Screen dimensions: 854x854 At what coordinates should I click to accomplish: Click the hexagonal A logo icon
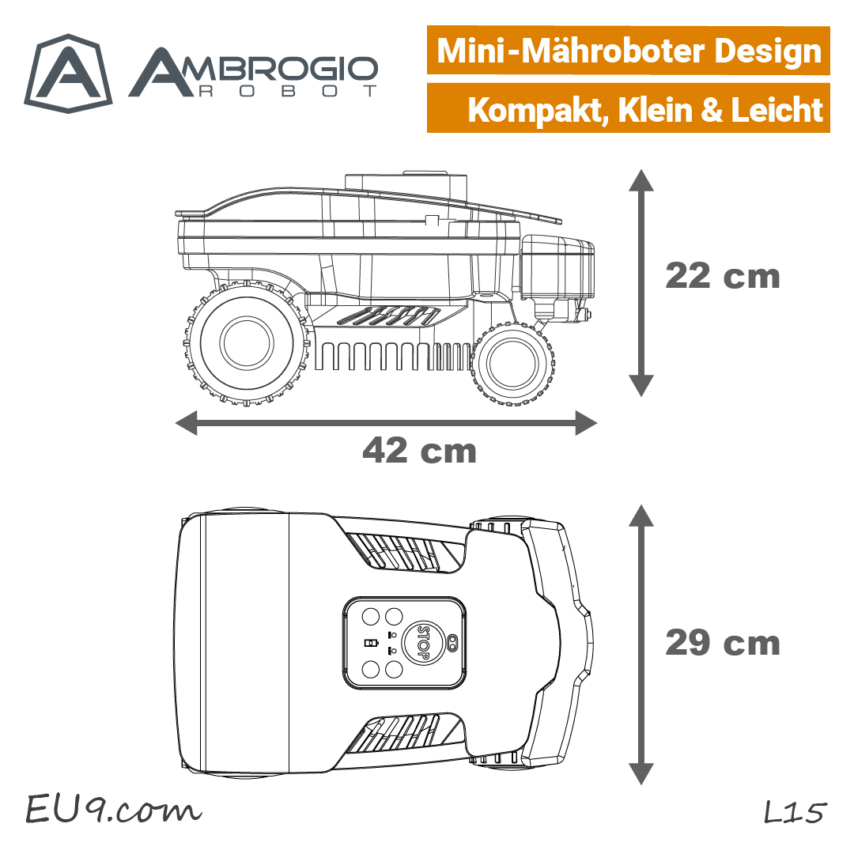click(68, 74)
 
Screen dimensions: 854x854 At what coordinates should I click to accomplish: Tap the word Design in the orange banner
click(767, 51)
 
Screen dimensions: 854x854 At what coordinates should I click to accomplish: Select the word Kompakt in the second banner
click(538, 111)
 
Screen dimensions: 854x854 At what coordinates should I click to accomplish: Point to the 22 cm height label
click(723, 276)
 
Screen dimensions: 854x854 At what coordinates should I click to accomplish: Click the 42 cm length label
click(419, 451)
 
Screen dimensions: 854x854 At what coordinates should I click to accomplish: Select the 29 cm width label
click(723, 643)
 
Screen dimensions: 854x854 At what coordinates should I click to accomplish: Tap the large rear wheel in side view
click(247, 343)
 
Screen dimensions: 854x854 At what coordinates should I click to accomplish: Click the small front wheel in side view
click(512, 364)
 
